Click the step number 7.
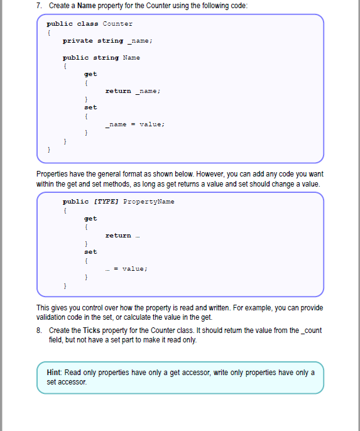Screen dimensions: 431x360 tap(38, 6)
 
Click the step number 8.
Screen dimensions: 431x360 tap(38, 330)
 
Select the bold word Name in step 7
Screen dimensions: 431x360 tap(87, 6)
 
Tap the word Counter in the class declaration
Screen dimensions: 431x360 tap(117, 24)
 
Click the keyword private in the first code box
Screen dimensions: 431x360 tap(77, 41)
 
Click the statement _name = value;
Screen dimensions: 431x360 tap(135, 124)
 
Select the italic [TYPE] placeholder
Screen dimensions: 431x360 tap(106, 202)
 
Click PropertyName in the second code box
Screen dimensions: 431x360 tap(149, 202)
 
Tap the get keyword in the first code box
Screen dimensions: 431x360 tap(90, 74)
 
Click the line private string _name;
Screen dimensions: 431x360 tap(107, 41)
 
